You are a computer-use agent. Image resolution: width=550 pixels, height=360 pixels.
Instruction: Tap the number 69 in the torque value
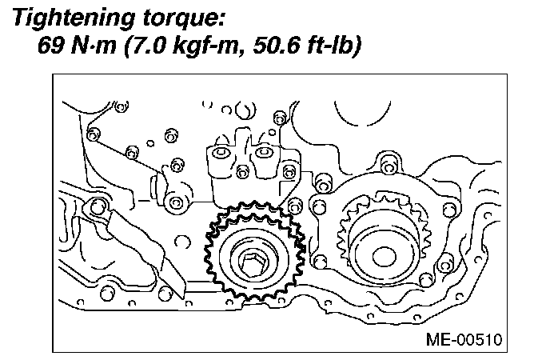[x=51, y=46]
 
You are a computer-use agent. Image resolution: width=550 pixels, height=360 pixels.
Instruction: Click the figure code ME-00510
[x=464, y=339]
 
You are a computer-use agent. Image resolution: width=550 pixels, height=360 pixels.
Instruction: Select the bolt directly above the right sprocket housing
[x=389, y=164]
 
